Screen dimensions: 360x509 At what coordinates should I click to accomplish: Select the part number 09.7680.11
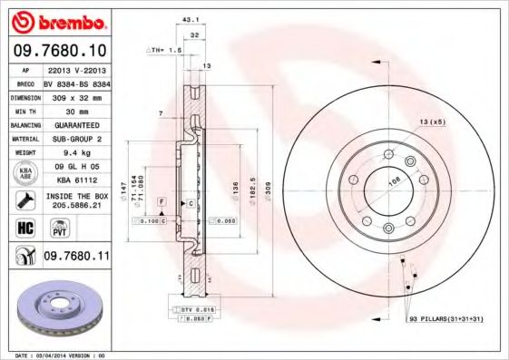coord(76,258)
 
